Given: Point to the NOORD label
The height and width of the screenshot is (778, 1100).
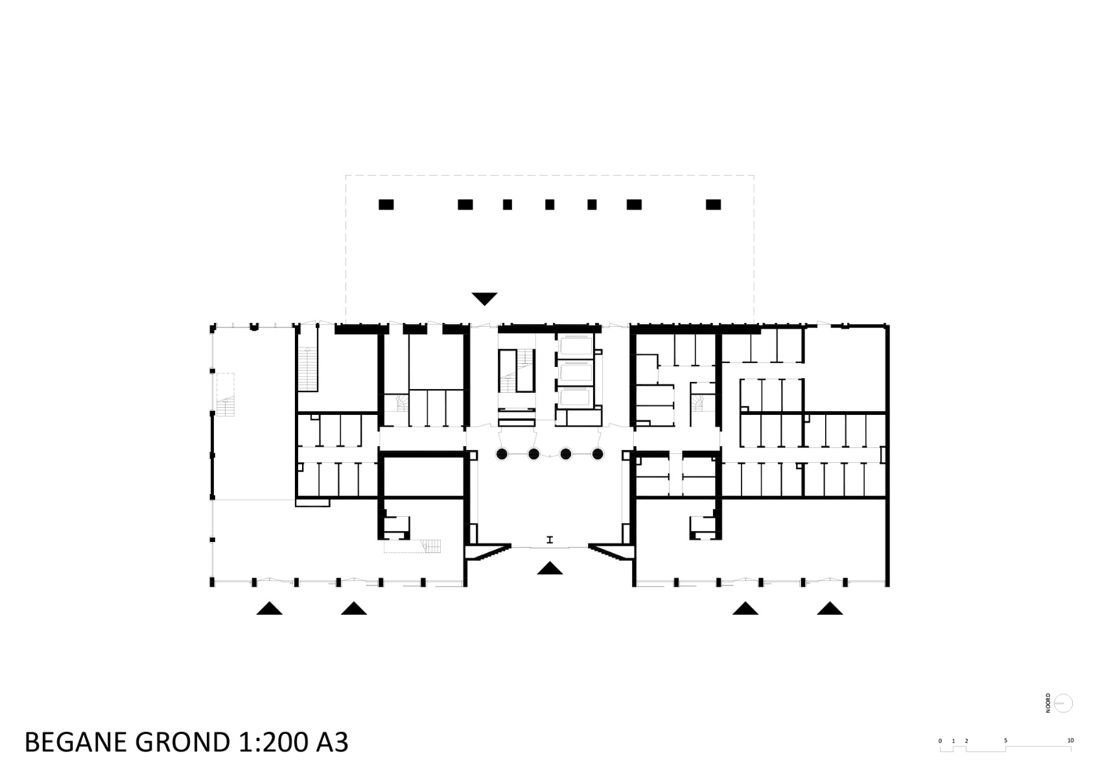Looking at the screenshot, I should click(1048, 703).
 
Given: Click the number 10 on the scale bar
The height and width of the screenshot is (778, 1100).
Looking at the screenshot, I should click(1070, 740).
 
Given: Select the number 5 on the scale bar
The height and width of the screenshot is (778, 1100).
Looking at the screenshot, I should click(1005, 740).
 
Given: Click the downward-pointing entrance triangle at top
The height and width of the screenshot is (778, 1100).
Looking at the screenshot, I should click(484, 299).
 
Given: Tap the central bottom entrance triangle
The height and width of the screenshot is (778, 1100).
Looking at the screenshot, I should click(550, 569).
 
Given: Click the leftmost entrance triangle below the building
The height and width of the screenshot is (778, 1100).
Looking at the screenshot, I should click(269, 609).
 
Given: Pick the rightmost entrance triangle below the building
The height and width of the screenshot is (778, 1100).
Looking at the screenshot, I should click(830, 609).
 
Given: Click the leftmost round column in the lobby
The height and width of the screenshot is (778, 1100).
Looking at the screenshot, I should click(502, 454).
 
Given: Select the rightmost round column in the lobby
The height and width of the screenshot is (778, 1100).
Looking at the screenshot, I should click(598, 454).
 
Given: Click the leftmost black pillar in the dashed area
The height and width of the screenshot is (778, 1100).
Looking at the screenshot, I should click(386, 205).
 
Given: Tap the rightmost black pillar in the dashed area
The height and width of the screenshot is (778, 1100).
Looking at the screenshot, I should click(713, 205).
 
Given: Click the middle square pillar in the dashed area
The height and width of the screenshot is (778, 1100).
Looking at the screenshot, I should click(550, 205).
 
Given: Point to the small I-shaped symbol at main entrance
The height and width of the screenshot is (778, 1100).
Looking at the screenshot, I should click(550, 539).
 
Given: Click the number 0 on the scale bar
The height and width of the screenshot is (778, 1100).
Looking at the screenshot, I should click(940, 740).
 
